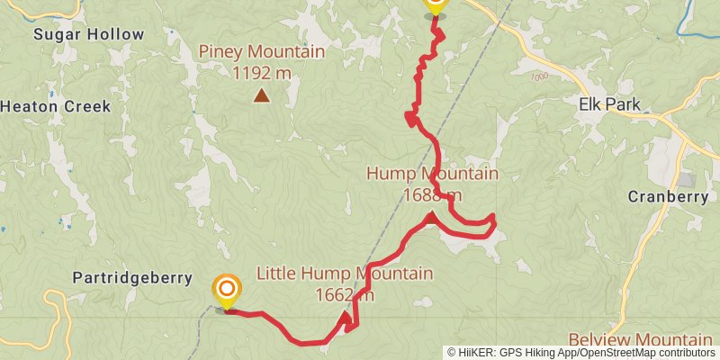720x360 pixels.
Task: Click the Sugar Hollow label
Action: tap(88, 34)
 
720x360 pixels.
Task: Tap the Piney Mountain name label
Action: tap(262, 51)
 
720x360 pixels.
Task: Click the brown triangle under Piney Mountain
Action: tap(261, 94)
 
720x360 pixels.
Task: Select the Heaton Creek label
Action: tap(55, 106)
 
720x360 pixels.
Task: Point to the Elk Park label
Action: tap(609, 104)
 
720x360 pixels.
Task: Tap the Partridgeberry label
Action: tap(134, 278)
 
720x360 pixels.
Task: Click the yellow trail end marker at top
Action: tap(435, 4)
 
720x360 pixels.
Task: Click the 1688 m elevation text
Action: tap(433, 193)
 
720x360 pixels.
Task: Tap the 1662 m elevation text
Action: tap(345, 294)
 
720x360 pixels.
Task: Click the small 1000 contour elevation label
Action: tap(539, 76)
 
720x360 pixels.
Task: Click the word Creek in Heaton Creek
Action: tap(85, 106)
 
